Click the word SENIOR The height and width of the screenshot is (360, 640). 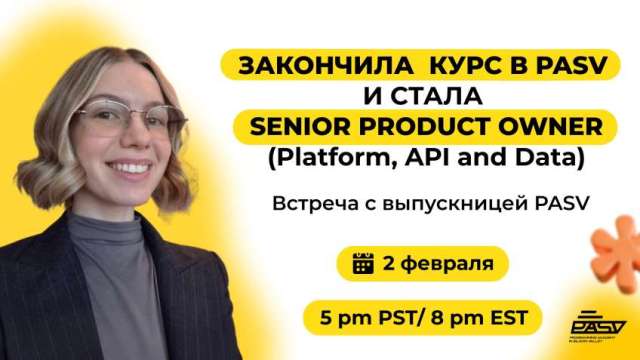pyautogui.click(x=301, y=128)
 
